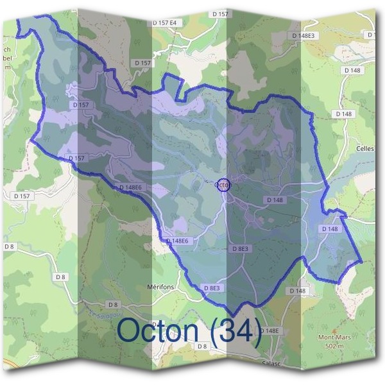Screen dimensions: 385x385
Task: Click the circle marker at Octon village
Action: coord(223,185)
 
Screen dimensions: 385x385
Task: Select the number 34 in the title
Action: coord(233,331)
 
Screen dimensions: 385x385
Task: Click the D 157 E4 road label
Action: coord(164,22)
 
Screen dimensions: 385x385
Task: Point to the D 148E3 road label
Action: coord(302,35)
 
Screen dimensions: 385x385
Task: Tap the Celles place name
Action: coord(364,148)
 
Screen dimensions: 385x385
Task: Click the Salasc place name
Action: coord(273,363)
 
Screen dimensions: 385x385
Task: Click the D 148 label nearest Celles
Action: coord(344,114)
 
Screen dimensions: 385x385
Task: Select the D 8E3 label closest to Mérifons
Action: coord(211,289)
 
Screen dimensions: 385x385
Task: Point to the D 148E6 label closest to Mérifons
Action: coord(176,241)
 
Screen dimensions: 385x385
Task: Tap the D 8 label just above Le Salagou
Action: coord(113,304)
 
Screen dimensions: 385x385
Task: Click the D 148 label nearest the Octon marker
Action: coord(275,200)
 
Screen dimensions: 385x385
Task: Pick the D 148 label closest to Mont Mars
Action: coord(297,291)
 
